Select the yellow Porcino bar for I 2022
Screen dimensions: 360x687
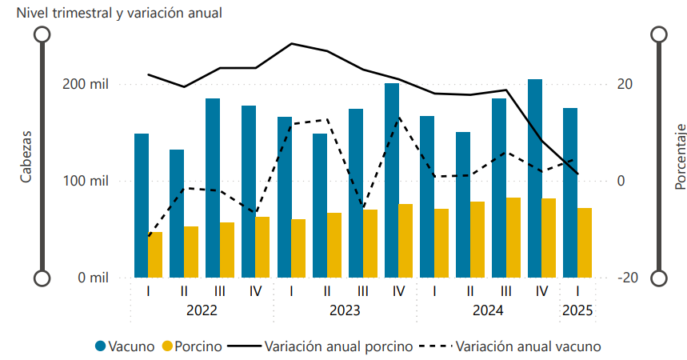(155, 254)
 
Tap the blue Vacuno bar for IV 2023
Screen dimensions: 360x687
(392, 180)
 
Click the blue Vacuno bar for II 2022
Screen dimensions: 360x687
(177, 213)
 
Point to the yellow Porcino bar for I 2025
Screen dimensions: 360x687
(585, 242)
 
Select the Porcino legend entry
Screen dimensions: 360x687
(192, 346)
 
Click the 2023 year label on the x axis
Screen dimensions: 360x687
(345, 310)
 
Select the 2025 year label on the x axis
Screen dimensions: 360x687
(577, 310)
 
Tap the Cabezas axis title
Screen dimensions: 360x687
(26, 157)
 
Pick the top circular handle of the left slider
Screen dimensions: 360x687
(42, 34)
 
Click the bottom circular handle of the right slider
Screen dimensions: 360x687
(659, 278)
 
